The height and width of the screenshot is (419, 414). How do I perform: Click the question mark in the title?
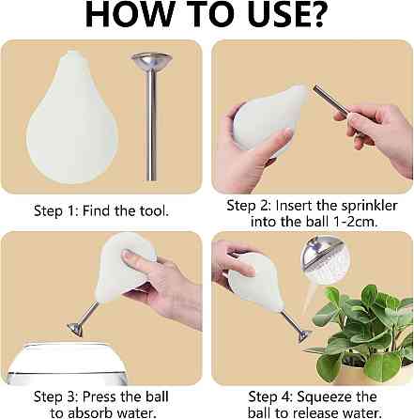[315, 14]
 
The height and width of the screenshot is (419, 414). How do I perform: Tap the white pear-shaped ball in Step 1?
[72, 117]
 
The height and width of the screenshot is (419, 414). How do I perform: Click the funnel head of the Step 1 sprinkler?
[152, 62]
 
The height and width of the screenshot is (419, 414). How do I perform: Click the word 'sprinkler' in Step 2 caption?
[369, 207]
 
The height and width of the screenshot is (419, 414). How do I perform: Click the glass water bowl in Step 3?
[67, 364]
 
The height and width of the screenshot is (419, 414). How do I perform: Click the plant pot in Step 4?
[363, 375]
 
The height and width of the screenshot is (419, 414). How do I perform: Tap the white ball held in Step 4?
[256, 282]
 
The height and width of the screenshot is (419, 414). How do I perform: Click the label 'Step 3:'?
[55, 396]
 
